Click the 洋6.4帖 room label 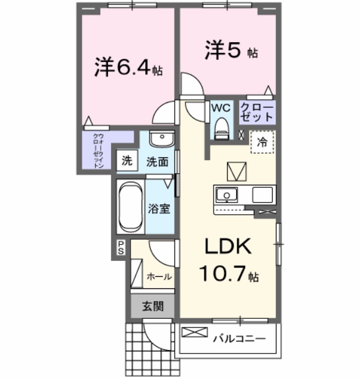tap(128, 68)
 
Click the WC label tap(220, 107)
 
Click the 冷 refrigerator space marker tap(262, 142)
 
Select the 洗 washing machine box tap(126, 161)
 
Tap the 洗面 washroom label tap(157, 162)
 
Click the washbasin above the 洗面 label tap(160, 138)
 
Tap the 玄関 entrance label tap(153, 307)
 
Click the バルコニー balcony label tap(239, 337)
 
